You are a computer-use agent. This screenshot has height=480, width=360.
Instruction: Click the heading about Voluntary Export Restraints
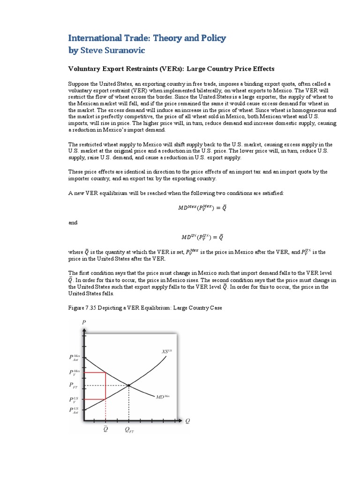pos(172,68)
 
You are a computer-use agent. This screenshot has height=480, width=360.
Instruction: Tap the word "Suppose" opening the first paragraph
pos(78,83)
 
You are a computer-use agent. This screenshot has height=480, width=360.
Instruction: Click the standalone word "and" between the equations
pos(73,223)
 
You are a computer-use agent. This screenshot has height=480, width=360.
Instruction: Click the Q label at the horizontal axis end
pos(188,420)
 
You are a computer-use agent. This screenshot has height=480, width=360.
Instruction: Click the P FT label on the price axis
pos(74,385)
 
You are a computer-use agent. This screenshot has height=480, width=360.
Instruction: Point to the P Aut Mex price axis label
pos(75,359)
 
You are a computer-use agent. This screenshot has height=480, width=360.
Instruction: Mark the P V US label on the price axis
pos(75,399)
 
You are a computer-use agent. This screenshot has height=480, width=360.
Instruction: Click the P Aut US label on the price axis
pos(75,411)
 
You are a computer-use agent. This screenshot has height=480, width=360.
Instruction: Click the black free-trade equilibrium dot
pos(129,385)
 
